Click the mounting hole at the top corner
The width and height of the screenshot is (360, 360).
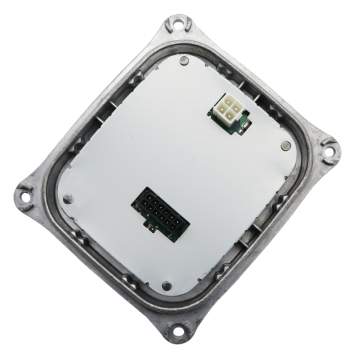[177, 21]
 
